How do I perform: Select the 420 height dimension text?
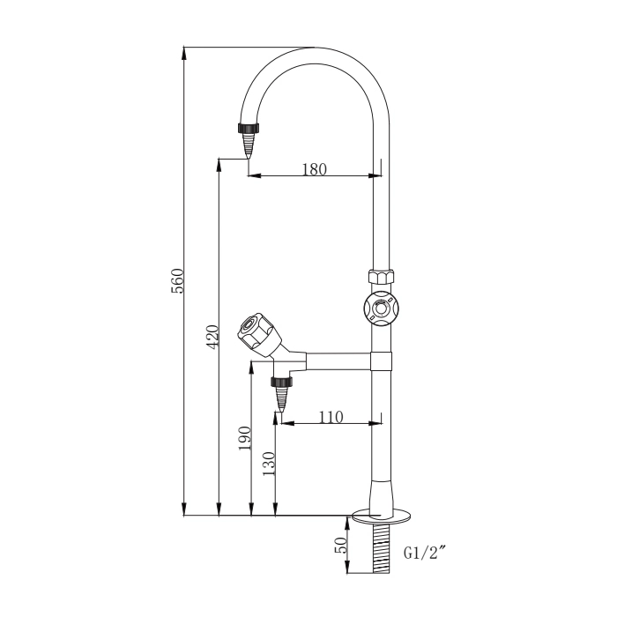coord(212,338)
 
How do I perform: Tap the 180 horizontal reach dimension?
coord(314,169)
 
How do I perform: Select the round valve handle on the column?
coord(380,308)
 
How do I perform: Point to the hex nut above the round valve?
coord(380,277)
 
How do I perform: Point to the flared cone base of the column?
coord(381,494)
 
